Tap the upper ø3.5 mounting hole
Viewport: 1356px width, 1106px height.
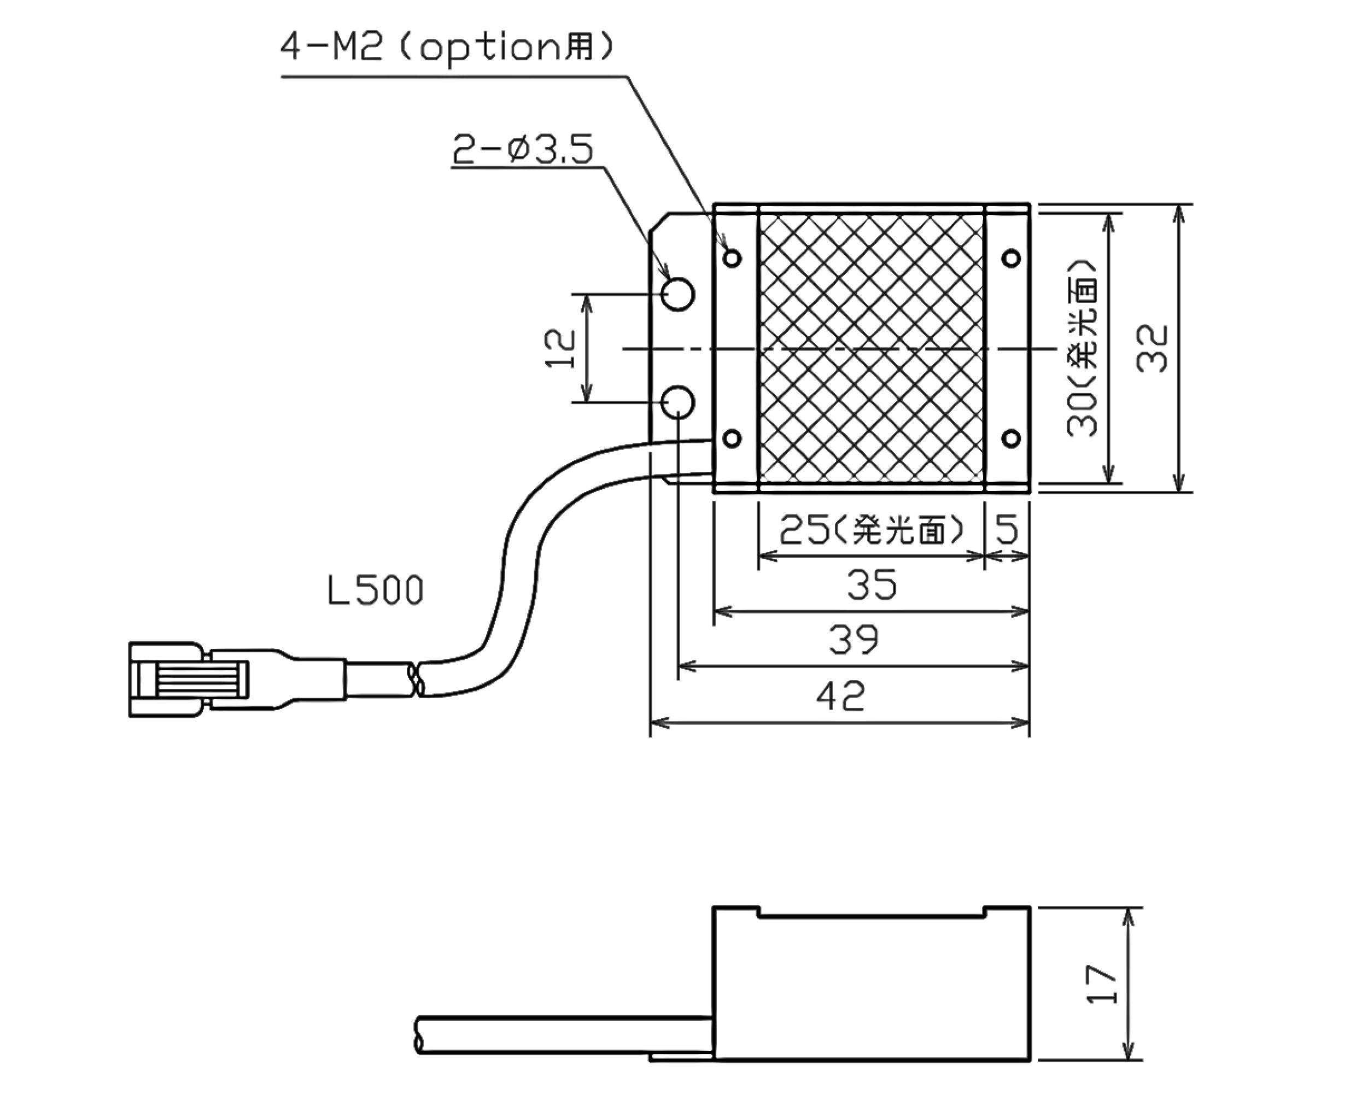coord(678,294)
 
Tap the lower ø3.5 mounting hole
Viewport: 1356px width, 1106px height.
coord(678,402)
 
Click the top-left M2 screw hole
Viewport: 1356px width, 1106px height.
coord(733,258)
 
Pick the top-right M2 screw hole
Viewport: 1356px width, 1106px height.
coord(1012,258)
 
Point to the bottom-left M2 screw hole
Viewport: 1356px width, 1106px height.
coord(733,438)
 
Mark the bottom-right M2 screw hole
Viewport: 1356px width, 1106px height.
coord(1012,438)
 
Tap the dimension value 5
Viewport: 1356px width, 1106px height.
coord(1007,529)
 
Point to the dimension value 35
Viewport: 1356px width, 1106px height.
coord(872,585)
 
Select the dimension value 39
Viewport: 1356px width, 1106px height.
coord(854,640)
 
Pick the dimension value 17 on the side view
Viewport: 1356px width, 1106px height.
coord(1101,984)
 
